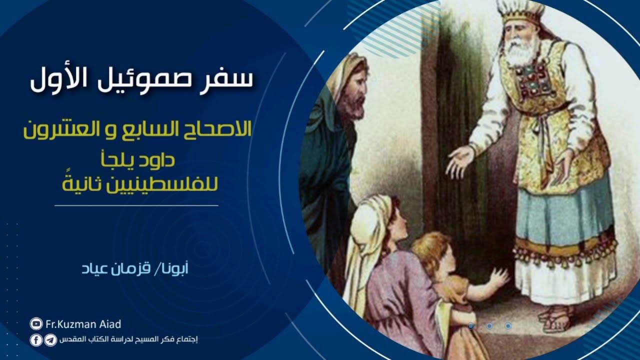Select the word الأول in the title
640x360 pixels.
[x=55, y=78]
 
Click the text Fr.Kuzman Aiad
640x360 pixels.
[x=83, y=324]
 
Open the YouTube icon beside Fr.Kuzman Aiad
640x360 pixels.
[x=36, y=324]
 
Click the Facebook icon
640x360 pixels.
[x=36, y=340]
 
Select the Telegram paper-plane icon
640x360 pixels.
[x=50, y=340]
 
